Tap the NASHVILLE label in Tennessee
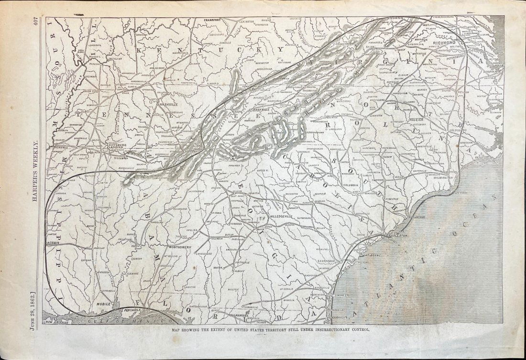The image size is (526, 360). (168, 104)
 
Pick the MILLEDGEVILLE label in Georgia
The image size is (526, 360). (284, 217)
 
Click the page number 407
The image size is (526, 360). (35, 22)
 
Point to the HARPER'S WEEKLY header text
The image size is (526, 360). (35, 172)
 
